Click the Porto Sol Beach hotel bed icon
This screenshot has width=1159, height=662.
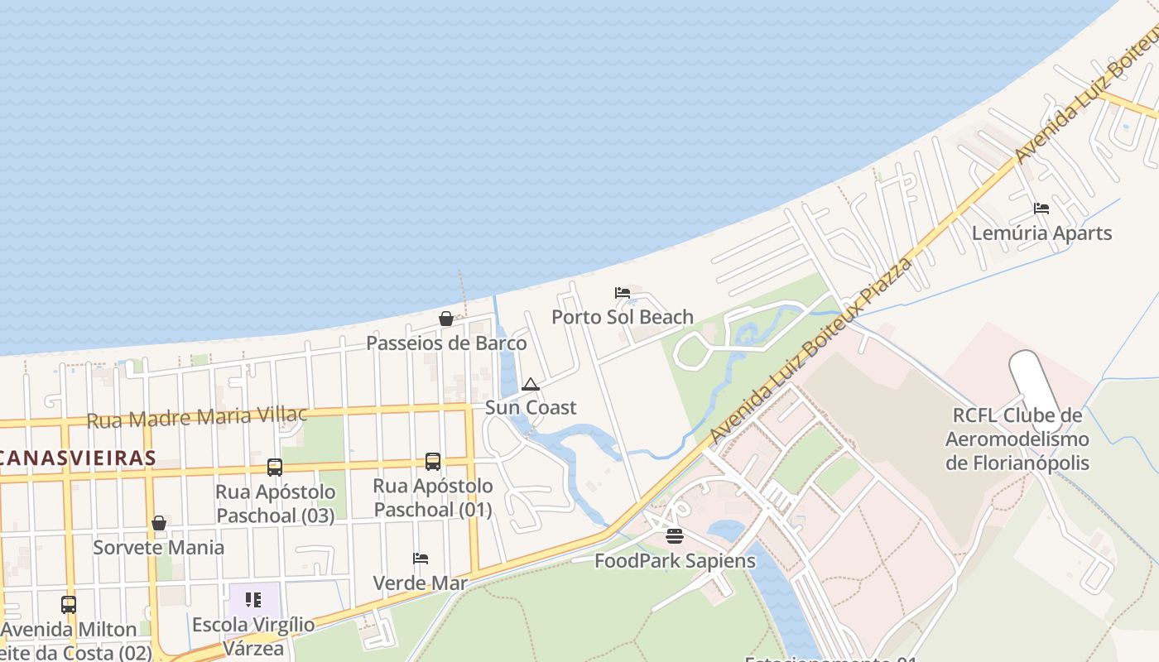tap(623, 293)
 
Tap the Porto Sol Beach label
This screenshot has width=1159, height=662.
tap(623, 317)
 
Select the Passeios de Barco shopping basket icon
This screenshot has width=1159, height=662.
tap(446, 319)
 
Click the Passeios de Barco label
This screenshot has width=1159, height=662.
tap(446, 343)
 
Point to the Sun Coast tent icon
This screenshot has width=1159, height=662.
tap(531, 384)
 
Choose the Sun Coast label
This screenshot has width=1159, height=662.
tap(531, 407)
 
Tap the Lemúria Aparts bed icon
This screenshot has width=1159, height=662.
tap(1041, 209)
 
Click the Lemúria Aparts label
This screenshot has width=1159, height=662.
tap(1041, 233)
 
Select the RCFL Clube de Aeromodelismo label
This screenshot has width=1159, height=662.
tap(1017, 439)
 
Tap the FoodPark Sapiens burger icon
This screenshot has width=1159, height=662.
tap(675, 536)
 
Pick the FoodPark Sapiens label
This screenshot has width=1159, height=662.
tap(675, 561)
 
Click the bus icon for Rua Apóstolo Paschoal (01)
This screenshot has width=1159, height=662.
tap(433, 462)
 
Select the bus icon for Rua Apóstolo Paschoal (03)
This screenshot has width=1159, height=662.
tap(275, 468)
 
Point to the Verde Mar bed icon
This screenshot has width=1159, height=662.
tap(421, 559)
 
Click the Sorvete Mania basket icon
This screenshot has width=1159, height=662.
tap(159, 523)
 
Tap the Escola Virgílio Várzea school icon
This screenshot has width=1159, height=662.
tap(253, 599)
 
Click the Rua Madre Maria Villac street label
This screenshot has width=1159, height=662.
tap(197, 417)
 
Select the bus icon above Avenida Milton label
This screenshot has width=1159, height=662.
tap(69, 605)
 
